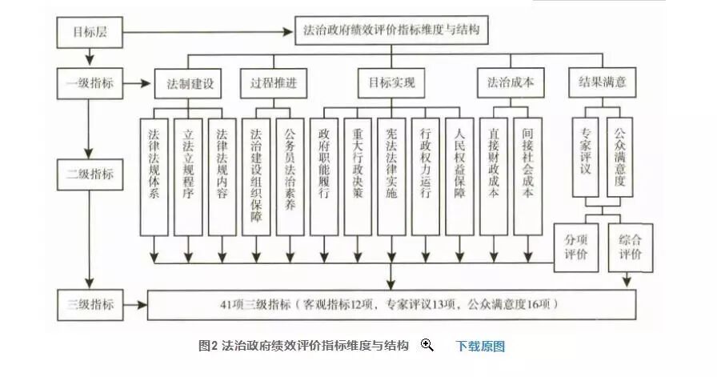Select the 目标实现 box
tap(391, 82)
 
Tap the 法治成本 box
tap(511, 82)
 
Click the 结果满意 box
tap(602, 82)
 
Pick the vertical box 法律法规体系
tap(154, 176)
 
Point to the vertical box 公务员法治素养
tap(290, 176)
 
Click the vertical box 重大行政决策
tap(358, 176)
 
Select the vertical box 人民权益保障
tap(459, 176)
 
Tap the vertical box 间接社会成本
tap(527, 176)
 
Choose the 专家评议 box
tap(588, 158)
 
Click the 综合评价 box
tap(629, 247)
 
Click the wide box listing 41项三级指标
tap(391, 305)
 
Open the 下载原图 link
tap(480, 347)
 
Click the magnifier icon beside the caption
tap(427, 345)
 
